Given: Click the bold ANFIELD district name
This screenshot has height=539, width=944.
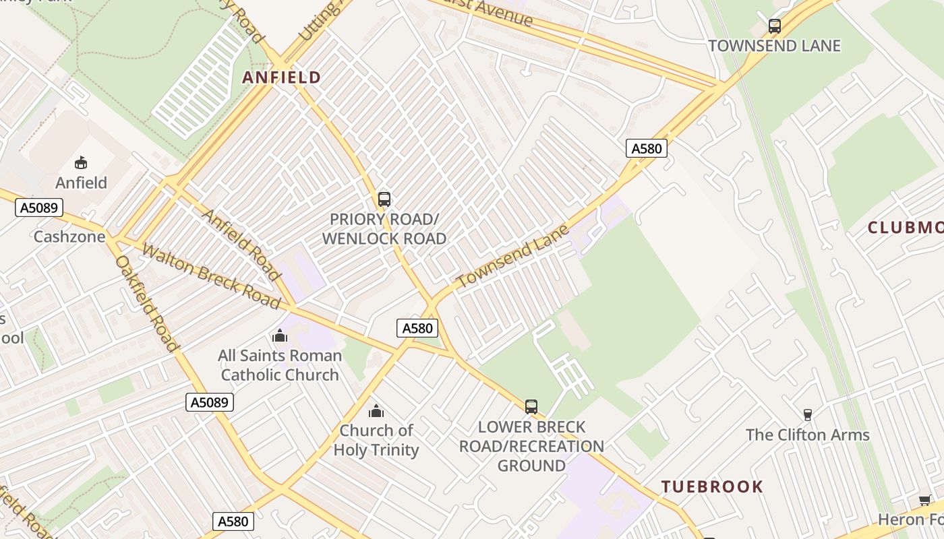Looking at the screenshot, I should [281, 77].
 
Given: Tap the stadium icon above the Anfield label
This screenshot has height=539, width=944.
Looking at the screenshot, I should [81, 162].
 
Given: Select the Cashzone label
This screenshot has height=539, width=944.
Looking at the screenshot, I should [69, 236].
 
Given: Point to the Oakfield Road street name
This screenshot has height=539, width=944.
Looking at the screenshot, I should [147, 303].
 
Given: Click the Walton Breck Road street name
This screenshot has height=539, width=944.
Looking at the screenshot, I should [211, 277].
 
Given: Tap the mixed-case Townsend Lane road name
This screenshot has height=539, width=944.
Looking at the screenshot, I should [512, 257].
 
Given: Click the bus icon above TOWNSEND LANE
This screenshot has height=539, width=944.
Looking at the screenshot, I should [775, 26].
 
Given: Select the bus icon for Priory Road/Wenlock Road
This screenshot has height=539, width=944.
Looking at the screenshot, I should [384, 199].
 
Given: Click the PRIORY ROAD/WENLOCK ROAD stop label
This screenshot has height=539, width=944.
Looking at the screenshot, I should [384, 229].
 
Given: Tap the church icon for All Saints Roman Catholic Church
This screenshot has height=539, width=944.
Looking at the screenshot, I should [280, 336].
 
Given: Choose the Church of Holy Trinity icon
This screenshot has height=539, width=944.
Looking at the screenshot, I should [376, 411].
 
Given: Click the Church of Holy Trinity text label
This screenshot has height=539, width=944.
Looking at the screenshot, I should [376, 440].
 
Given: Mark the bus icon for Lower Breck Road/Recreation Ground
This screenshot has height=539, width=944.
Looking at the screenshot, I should [531, 406].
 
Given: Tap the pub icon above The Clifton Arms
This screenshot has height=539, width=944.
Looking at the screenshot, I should [807, 414].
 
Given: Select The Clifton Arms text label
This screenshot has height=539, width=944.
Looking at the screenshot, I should [807, 435].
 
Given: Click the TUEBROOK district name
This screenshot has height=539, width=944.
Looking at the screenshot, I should [712, 486].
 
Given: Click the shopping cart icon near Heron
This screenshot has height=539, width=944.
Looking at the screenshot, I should [925, 500].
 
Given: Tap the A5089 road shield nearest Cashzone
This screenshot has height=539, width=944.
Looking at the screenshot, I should [39, 208].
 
